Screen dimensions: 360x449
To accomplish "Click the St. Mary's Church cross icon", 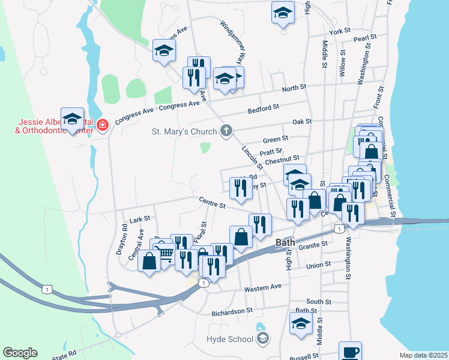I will [x=226, y=131].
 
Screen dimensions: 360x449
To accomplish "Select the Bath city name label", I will [x=285, y=242].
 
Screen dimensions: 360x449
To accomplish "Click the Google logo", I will [x=20, y=353].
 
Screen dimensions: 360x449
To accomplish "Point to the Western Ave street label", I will [x=263, y=287].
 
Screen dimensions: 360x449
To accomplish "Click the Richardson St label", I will [x=232, y=312].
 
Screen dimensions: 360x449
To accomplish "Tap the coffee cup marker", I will [x=350, y=352].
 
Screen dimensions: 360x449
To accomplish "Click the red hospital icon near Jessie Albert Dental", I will [x=103, y=125].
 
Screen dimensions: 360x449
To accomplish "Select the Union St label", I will [x=319, y=264].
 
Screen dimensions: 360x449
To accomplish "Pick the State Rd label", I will [x=64, y=354].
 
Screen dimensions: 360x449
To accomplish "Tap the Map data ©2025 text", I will [x=423, y=355].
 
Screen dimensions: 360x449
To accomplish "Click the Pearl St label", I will [x=364, y=37].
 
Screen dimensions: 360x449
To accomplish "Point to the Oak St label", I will [x=302, y=121].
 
